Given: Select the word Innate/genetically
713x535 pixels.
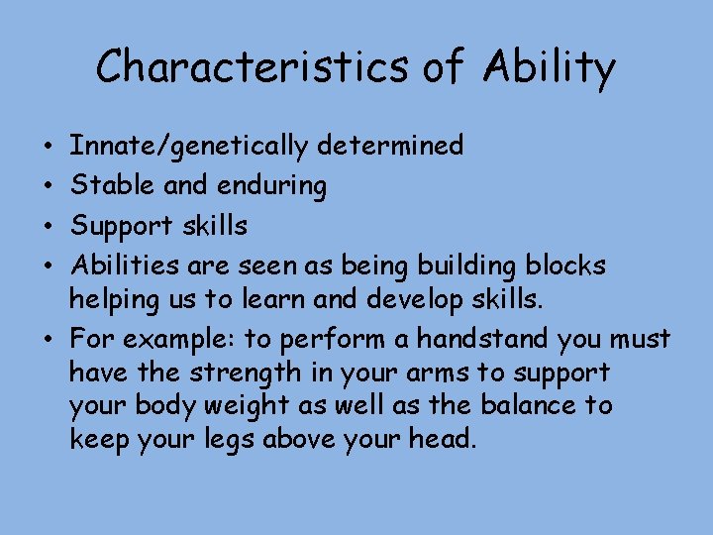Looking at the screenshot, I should (189, 147).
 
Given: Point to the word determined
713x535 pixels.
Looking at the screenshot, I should (390, 147).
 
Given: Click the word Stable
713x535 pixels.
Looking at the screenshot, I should (104, 186).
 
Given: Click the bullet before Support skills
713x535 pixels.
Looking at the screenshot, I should (49, 226).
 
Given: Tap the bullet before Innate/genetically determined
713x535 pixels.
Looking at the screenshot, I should (49, 147).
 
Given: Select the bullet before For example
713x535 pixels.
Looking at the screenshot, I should (49, 340).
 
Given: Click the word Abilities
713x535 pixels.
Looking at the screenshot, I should (121, 266).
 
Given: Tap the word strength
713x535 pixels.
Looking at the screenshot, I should (233, 373).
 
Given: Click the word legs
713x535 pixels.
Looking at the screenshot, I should (226, 439).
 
